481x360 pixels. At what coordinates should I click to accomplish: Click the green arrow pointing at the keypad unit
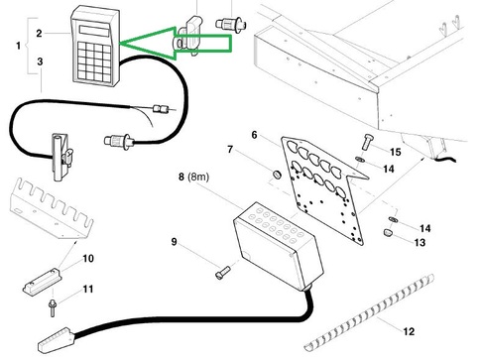[x=176, y=44]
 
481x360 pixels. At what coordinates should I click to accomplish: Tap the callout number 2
[x=40, y=33]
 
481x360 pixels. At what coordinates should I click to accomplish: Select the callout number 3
[x=40, y=61]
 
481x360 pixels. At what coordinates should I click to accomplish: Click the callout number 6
[x=254, y=135]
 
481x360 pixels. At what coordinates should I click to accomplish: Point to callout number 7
[x=230, y=150]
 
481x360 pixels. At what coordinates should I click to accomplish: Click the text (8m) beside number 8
[x=198, y=177]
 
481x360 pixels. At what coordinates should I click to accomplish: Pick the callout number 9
[x=174, y=242]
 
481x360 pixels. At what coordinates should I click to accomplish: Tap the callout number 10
[x=88, y=258]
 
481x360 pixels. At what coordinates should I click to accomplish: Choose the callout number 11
[x=88, y=289]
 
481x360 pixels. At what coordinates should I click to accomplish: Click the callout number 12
[x=409, y=331]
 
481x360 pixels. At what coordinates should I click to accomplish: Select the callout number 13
[x=420, y=242]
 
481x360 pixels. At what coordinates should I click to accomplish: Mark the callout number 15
[x=396, y=152]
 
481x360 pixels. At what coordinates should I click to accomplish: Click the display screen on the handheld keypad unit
[x=94, y=31]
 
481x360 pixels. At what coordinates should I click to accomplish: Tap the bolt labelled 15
[x=366, y=142]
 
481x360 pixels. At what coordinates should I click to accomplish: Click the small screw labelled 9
[x=222, y=272]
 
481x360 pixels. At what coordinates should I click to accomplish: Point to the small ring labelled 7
[x=277, y=174]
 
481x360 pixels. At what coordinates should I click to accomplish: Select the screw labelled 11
[x=52, y=307]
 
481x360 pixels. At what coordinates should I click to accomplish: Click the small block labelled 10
[x=41, y=282]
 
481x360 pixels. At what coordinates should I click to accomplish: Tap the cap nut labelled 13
[x=389, y=232]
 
